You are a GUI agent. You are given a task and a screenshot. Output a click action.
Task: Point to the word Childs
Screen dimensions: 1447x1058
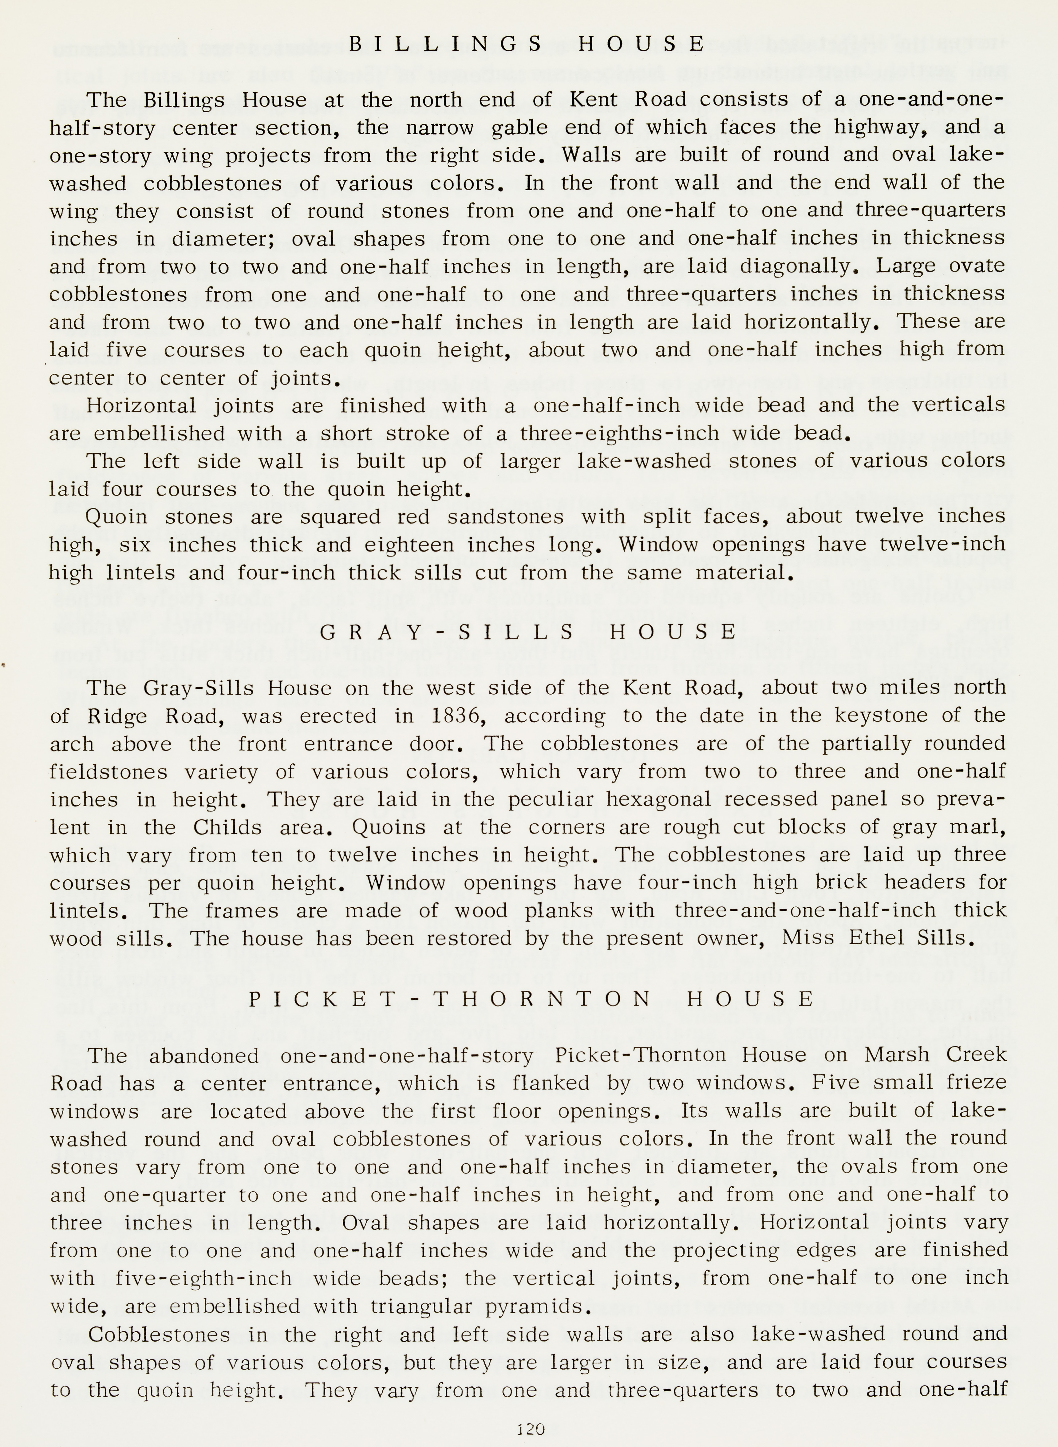pyautogui.click(x=227, y=827)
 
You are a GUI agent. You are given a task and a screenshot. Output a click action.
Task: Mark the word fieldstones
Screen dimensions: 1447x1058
pyautogui.click(x=109, y=771)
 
